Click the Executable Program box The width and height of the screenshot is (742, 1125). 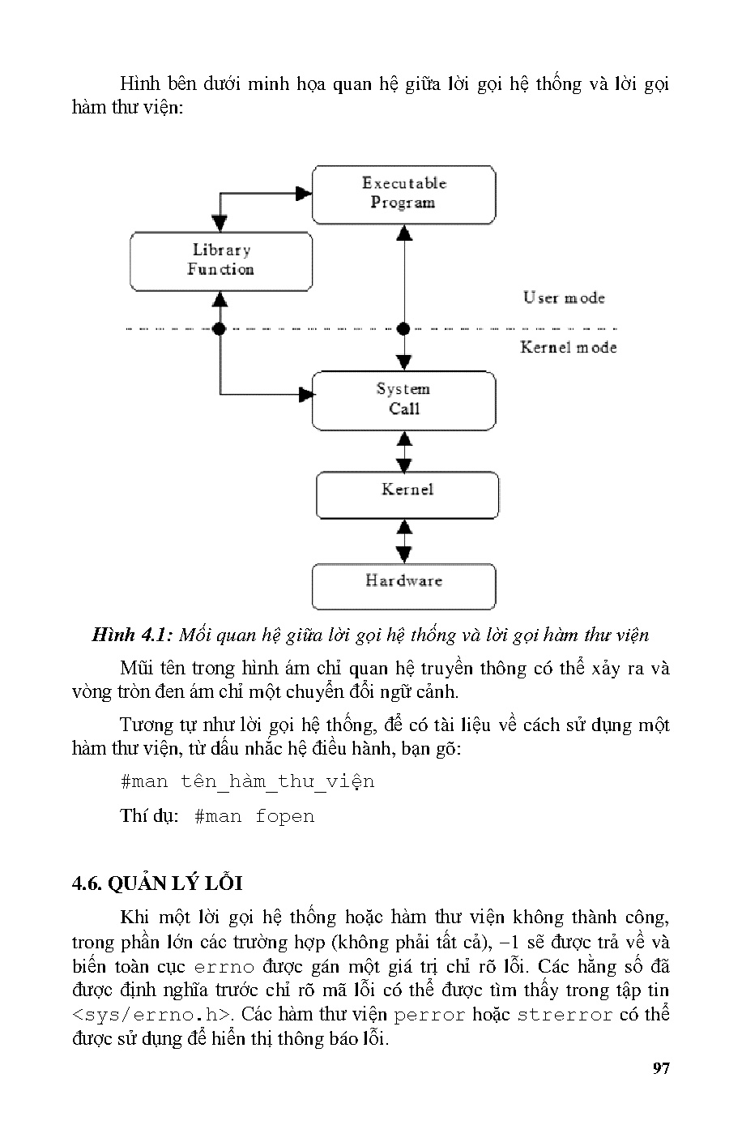(x=403, y=195)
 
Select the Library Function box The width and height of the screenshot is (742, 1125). (x=221, y=261)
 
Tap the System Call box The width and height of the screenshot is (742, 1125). (x=403, y=400)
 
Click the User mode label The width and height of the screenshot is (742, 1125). (x=564, y=297)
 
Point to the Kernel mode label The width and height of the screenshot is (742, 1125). (x=568, y=347)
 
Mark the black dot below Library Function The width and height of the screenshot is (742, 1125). (x=219, y=328)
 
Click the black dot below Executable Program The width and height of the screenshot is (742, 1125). (x=403, y=328)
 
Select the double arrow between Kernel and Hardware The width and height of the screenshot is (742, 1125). (x=403, y=541)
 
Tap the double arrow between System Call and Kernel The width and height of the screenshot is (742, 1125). (x=403, y=451)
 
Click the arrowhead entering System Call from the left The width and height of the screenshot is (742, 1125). (x=306, y=395)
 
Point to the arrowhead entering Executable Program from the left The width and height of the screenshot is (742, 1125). (x=305, y=193)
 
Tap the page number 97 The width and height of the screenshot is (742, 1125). (x=661, y=1068)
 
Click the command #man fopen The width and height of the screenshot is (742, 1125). (x=254, y=816)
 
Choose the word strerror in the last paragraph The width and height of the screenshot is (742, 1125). (x=565, y=1015)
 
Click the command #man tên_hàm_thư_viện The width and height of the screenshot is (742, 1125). (x=247, y=781)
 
